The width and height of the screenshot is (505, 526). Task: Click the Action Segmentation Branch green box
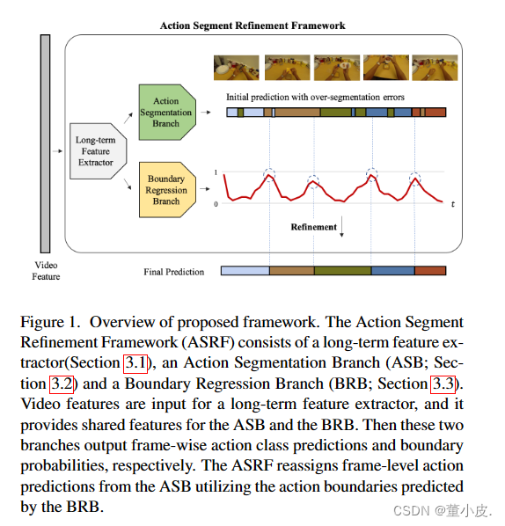click(x=165, y=113)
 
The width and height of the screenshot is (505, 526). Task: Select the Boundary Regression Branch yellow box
click(x=165, y=189)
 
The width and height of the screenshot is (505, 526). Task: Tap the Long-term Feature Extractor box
click(x=95, y=150)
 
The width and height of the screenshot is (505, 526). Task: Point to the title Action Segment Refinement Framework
click(x=252, y=26)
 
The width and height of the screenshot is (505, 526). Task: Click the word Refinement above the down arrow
click(x=313, y=227)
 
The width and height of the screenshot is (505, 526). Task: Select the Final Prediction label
click(x=173, y=272)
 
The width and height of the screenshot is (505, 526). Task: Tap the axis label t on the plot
click(x=452, y=204)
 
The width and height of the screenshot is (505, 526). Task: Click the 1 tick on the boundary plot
click(x=216, y=172)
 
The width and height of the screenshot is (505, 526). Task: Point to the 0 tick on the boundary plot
click(x=216, y=204)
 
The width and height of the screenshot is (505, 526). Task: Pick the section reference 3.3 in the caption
click(x=443, y=384)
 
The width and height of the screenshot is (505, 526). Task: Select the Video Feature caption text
click(x=46, y=271)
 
